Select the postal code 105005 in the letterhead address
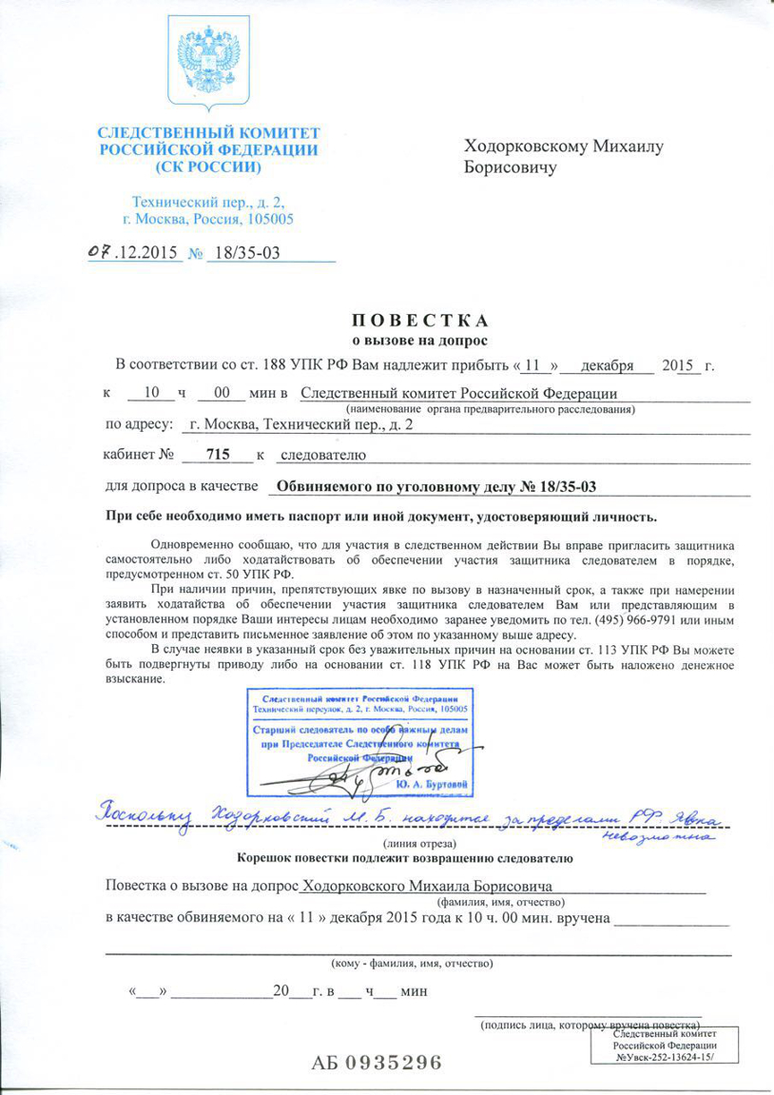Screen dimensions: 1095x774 tap(265, 219)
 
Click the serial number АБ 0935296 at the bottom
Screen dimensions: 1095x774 tap(377, 1062)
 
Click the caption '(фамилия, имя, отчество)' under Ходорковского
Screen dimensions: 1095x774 tap(496, 901)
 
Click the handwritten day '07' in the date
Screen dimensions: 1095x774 tap(99, 252)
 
